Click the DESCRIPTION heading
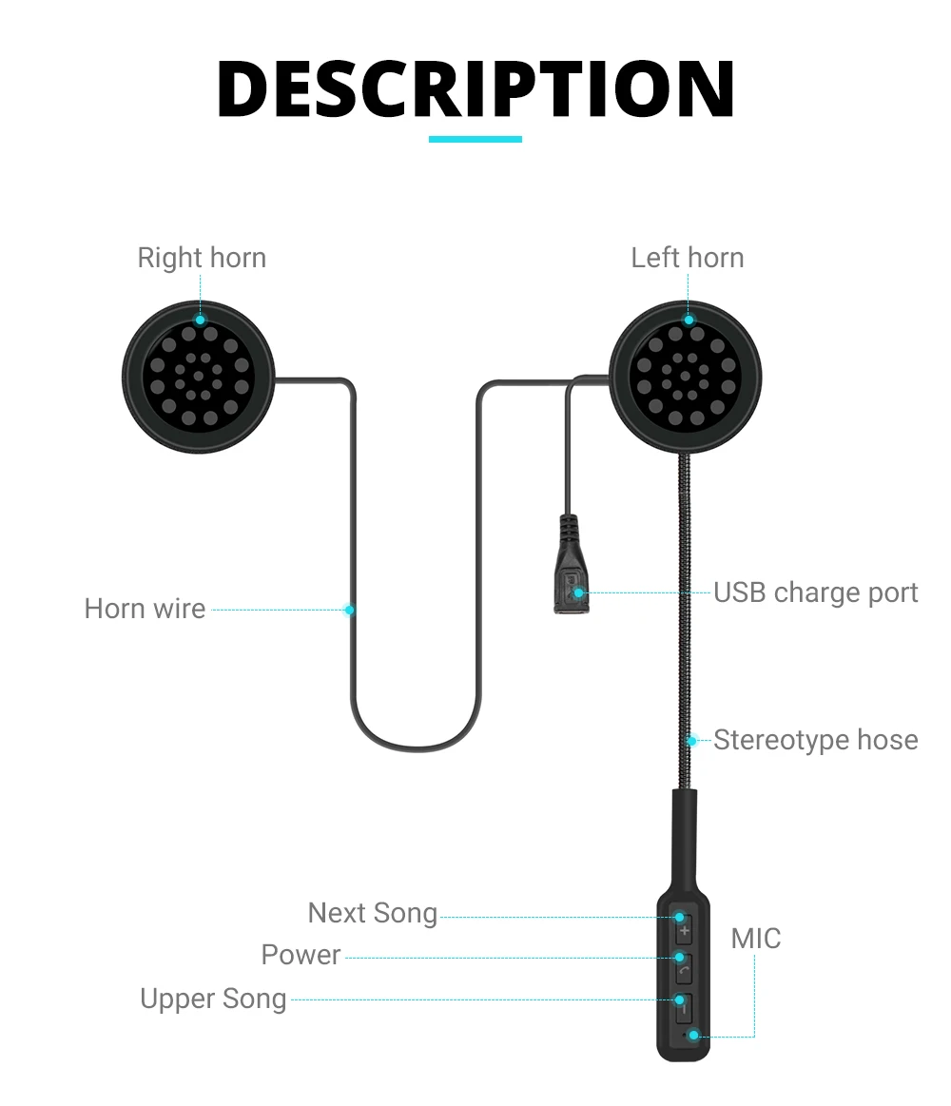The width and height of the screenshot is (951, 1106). (x=475, y=89)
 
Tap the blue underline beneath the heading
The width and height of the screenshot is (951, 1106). (x=475, y=139)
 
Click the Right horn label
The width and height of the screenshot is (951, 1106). (x=202, y=258)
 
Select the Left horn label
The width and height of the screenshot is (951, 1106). (x=688, y=258)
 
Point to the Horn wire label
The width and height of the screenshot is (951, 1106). (x=145, y=609)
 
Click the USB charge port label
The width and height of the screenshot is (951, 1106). (x=816, y=592)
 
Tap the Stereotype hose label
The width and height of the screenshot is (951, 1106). (x=816, y=740)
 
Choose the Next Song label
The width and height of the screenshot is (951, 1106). (x=373, y=913)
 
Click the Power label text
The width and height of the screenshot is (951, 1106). (x=301, y=955)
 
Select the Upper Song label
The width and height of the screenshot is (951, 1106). (x=213, y=999)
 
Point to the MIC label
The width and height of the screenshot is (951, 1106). (x=756, y=939)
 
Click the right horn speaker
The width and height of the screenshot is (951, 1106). (x=199, y=377)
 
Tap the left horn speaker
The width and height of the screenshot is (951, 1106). (x=686, y=377)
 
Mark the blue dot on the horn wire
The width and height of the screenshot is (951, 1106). (x=350, y=610)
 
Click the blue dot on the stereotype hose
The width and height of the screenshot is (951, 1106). (x=692, y=740)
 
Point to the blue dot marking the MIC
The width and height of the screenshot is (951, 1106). (x=693, y=1035)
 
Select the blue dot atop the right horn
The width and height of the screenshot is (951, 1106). (x=200, y=320)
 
